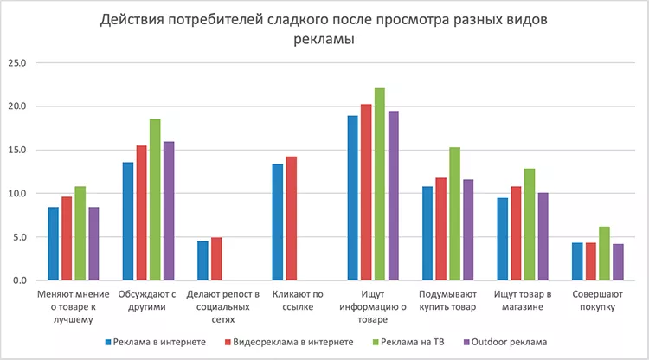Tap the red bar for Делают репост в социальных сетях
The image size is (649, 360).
point(216,259)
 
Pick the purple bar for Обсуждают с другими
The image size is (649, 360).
point(169,211)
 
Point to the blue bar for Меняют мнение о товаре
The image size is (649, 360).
point(54,244)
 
